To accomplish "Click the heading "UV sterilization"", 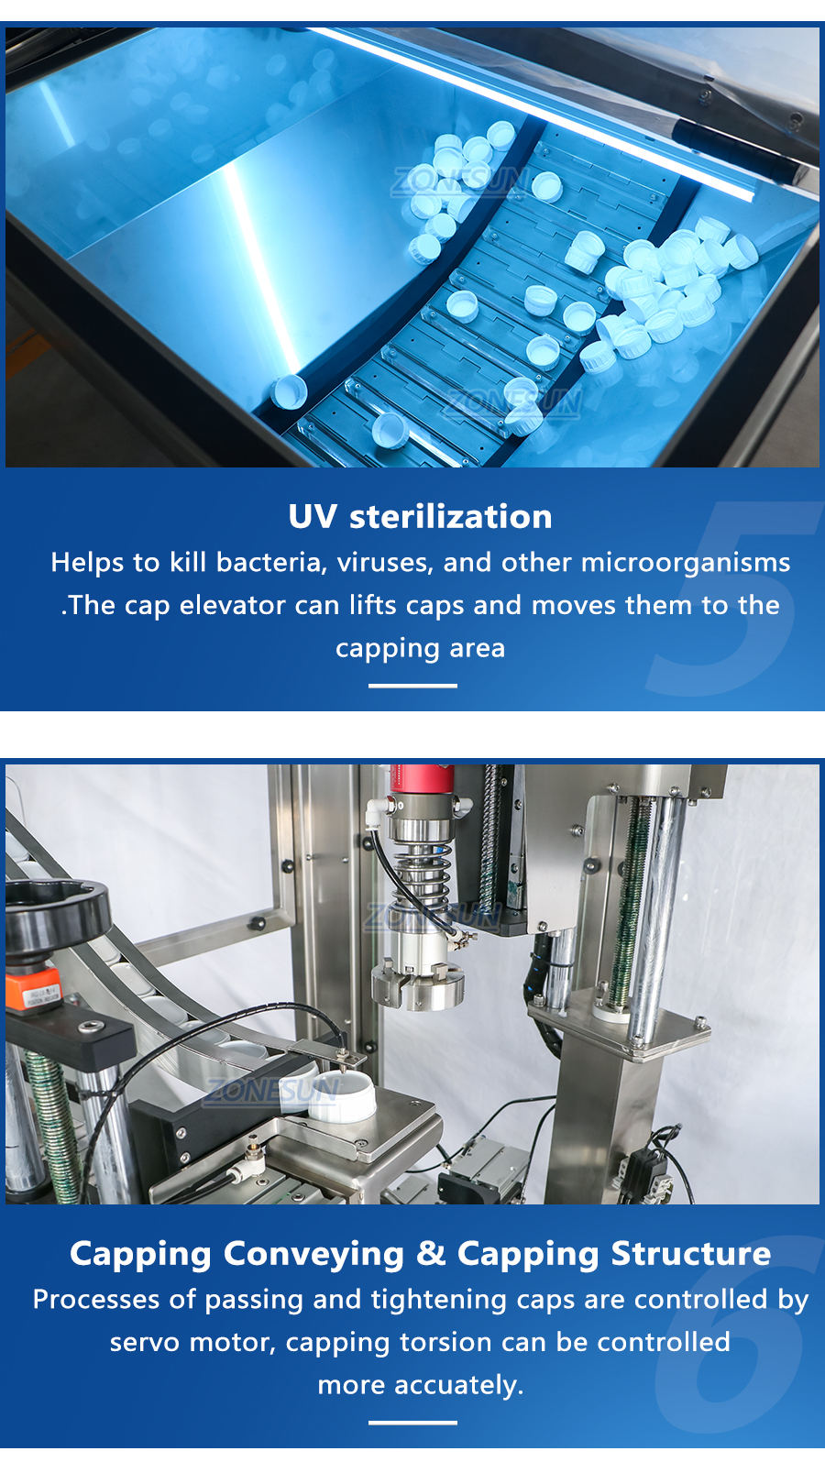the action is (420, 517).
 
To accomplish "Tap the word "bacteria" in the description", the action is (271, 563).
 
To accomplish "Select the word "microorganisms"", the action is (686, 563).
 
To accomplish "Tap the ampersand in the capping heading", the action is (431, 1253).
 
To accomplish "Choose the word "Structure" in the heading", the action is (691, 1253).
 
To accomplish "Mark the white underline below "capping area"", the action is (412, 686).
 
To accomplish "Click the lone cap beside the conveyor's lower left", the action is (290, 391).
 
